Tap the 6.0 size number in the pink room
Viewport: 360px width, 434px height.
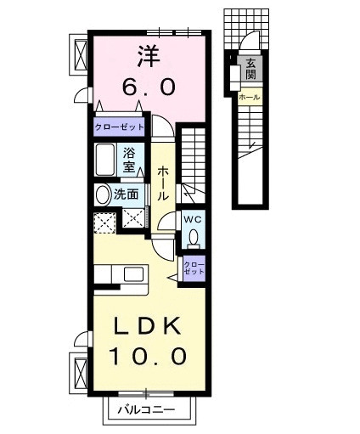coord(149,86)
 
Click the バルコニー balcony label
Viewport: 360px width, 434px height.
coord(150,409)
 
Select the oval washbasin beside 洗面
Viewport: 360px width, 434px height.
coord(102,194)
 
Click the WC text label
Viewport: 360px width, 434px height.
coord(192,217)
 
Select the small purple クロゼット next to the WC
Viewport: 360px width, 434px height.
coord(194,269)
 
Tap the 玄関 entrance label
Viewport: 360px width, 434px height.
coord(251,68)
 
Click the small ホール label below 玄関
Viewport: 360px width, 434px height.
coord(250,98)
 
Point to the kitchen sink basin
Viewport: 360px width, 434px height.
coord(132,275)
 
